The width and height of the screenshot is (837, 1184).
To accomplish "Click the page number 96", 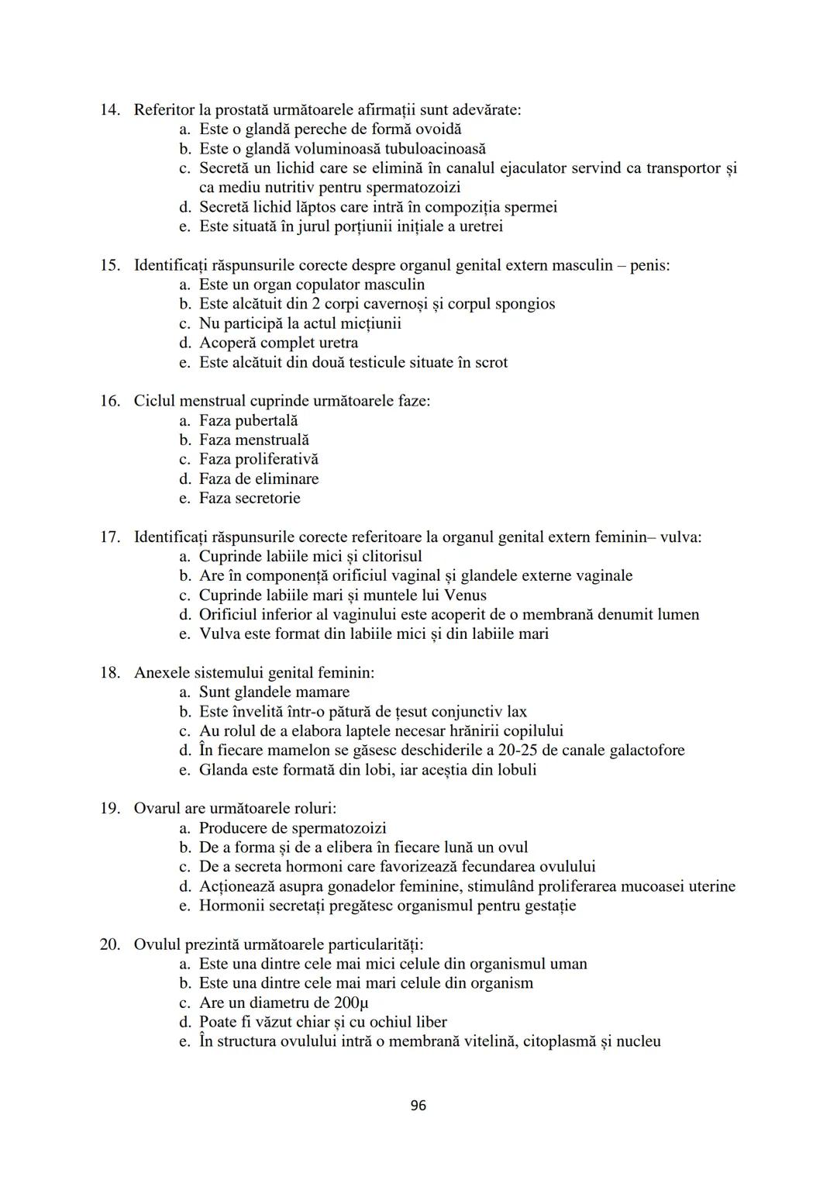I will [x=418, y=1106].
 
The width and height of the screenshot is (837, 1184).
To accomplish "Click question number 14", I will [x=109, y=110].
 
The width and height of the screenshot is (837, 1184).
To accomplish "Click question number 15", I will [x=109, y=265].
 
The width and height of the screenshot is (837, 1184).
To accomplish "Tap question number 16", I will [x=109, y=401].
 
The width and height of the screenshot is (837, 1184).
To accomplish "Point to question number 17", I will [x=109, y=537].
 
